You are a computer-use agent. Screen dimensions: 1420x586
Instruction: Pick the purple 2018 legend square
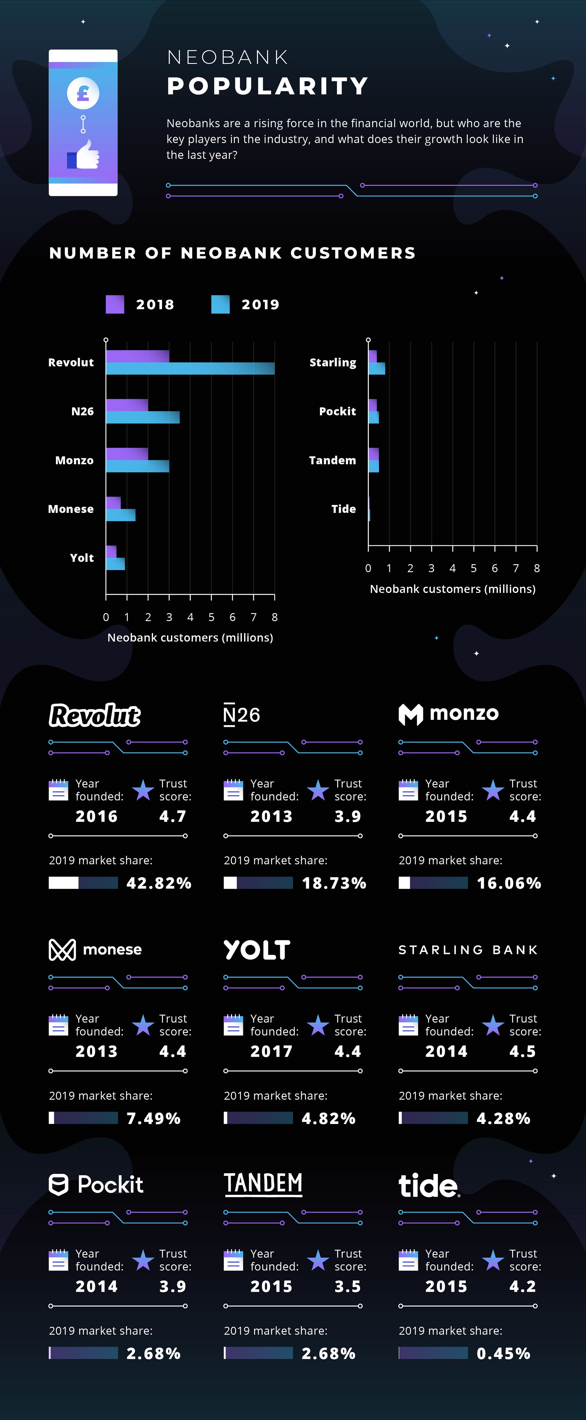[115, 304]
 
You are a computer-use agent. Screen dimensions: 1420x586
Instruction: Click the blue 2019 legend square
[220, 304]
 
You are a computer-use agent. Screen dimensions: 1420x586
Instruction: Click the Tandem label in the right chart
[332, 460]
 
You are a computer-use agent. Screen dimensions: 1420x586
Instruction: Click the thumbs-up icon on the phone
[84, 155]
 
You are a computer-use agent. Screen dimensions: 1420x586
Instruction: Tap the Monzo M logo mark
[411, 714]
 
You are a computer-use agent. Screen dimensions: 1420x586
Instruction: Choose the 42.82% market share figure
[159, 883]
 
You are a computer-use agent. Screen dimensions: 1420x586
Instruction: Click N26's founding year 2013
[271, 816]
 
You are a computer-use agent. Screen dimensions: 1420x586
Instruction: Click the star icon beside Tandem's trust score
[318, 1260]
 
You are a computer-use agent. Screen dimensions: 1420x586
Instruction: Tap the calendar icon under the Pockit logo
[58, 1260]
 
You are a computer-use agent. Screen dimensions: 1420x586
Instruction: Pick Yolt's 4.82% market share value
[329, 1118]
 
